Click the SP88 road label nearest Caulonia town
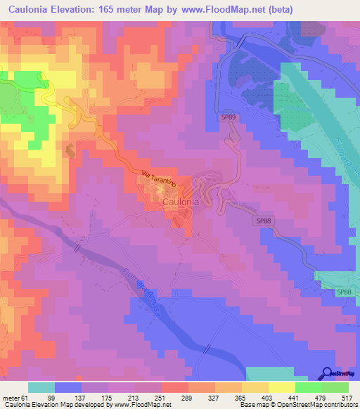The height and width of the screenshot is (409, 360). [263, 221]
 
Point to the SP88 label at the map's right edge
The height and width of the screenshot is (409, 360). [343, 292]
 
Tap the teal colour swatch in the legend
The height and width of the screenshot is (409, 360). [41, 388]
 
